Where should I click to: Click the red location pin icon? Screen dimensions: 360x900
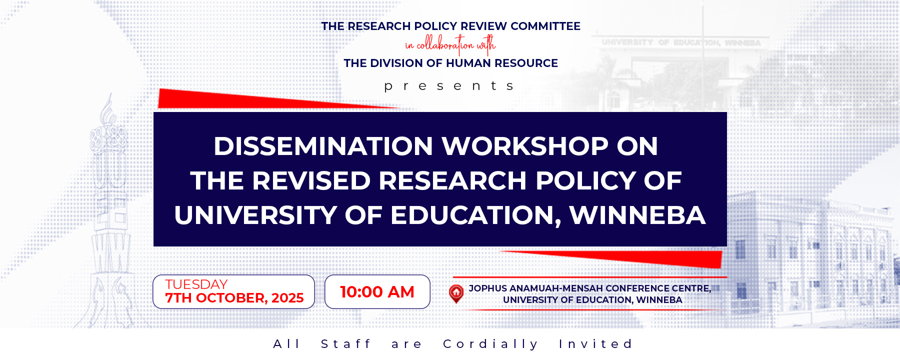tap(456, 293)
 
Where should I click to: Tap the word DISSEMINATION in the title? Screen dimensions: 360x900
tap(323, 146)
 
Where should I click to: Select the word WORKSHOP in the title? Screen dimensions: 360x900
tap(524, 146)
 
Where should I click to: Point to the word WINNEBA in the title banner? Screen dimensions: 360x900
tap(637, 215)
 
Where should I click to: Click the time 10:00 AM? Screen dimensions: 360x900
tap(377, 292)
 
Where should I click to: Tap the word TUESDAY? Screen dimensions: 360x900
tap(196, 284)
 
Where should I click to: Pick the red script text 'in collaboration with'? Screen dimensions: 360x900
tap(450, 45)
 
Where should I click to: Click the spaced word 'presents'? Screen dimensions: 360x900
tap(449, 86)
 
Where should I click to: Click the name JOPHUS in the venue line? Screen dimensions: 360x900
tap(487, 288)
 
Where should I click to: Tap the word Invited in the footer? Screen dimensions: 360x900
tap(595, 344)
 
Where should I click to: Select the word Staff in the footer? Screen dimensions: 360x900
tap(346, 344)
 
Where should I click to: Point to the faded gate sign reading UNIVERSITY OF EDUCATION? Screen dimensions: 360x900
tap(680, 43)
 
